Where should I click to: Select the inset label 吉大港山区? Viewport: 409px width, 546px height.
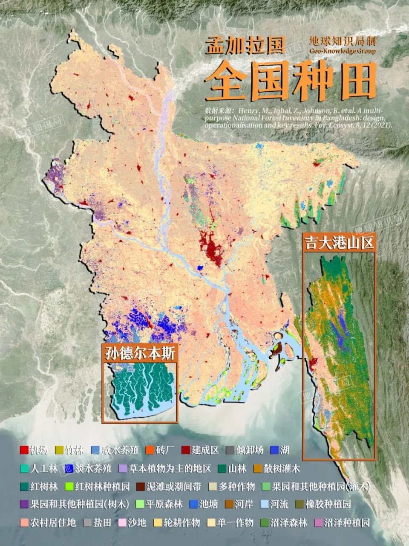point(339,243)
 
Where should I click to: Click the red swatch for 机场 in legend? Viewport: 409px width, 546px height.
point(24,450)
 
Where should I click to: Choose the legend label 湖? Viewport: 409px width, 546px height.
point(285,450)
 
